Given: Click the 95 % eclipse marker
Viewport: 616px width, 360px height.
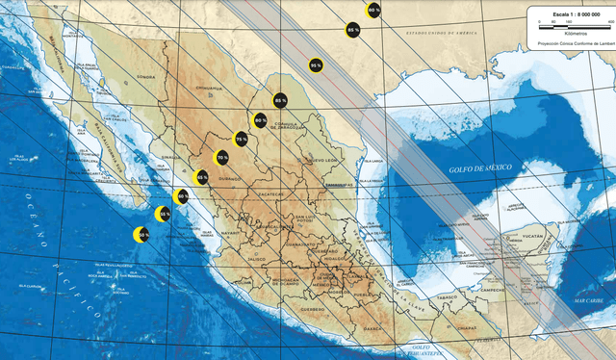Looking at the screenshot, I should [x=315, y=64].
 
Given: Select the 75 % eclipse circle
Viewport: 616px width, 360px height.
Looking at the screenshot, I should [x=241, y=139].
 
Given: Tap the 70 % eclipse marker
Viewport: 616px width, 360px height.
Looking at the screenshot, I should [x=221, y=157].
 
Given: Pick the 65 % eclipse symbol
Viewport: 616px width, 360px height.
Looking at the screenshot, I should [x=201, y=176].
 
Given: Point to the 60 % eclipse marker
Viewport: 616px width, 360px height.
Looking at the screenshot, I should [x=181, y=196].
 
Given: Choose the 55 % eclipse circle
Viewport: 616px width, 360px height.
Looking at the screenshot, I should [x=164, y=214].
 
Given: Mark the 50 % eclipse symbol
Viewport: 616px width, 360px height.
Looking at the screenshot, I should [x=142, y=234].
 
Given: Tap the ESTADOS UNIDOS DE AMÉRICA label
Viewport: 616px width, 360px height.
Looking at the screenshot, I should [x=440, y=34].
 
